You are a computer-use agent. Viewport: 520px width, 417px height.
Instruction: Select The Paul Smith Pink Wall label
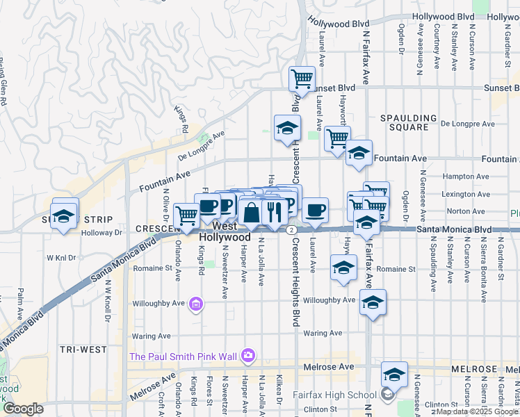(x=184, y=357)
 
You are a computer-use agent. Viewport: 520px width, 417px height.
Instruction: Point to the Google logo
(x=23, y=409)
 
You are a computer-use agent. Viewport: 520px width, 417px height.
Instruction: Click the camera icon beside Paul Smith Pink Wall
(x=248, y=357)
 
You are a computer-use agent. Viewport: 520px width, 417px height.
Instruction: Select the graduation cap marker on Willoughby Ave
(x=373, y=303)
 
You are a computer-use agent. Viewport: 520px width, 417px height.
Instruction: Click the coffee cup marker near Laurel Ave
(x=315, y=209)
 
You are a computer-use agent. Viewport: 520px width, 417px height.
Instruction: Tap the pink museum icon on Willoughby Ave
(x=197, y=304)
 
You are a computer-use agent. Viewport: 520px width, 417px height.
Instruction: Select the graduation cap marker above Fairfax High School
(x=395, y=375)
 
